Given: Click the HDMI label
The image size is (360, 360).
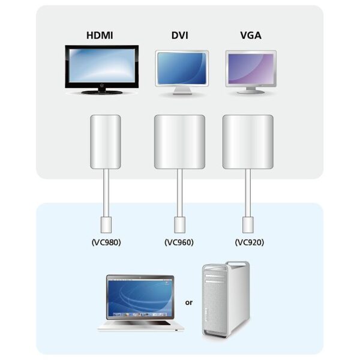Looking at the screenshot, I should point(100,36).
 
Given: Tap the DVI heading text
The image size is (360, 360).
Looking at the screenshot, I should point(179,36).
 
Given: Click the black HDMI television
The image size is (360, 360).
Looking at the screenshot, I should point(101,67).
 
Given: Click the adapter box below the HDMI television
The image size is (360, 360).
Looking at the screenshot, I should point(105,141).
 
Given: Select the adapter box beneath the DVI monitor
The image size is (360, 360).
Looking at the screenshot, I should point(179,141).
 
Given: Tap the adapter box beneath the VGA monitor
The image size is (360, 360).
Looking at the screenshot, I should point(247,141).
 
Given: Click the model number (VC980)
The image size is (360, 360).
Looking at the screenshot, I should point(105,243).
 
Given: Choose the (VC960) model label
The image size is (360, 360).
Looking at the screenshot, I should point(179,243).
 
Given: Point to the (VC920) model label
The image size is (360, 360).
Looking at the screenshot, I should point(248,243).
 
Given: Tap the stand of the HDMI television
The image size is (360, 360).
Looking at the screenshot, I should point(101,91).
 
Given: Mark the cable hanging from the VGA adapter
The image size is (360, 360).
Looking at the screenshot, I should point(247,192).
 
